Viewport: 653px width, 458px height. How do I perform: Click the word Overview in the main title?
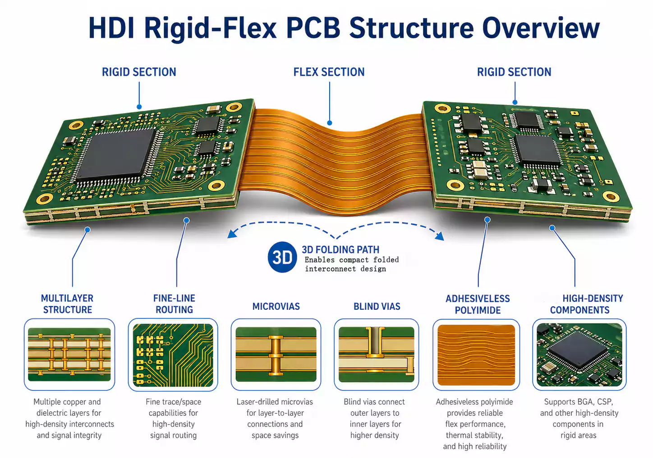pos(541,28)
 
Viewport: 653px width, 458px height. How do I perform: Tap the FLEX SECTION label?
pos(329,72)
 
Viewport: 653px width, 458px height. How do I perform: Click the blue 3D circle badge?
pos(282,258)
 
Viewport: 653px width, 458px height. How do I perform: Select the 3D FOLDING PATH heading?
pos(340,249)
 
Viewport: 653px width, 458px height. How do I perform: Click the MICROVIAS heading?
pos(276,307)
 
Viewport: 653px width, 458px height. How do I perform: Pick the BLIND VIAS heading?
pos(377,307)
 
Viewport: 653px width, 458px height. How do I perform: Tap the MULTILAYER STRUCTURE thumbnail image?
pos(69,354)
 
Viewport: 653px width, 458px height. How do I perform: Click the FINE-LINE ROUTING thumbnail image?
pos(173,355)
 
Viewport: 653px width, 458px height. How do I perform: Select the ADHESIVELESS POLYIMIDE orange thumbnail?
pos(476,355)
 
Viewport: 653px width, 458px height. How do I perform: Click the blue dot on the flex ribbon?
pos(330,123)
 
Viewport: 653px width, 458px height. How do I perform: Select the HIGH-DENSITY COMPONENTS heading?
pos(586,304)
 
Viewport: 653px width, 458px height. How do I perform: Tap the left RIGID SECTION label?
pos(139,72)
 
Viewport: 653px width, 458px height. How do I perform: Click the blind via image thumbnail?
pos(377,354)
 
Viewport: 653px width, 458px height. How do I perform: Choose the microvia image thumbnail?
pos(276,354)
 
